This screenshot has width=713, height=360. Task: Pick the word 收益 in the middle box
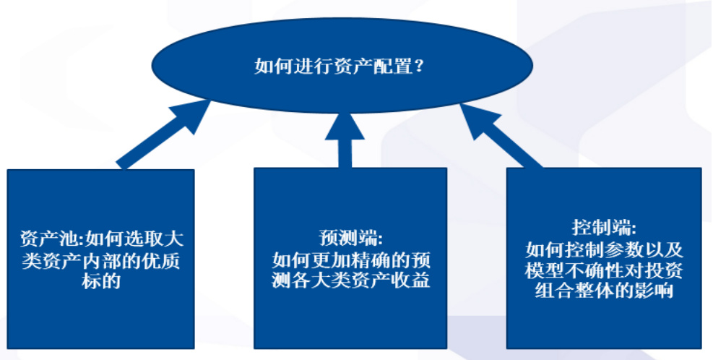pyautogui.click(x=412, y=280)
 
